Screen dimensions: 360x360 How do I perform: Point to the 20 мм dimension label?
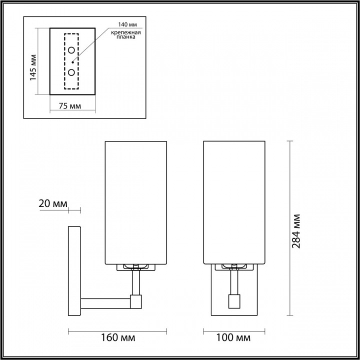coord(52,203)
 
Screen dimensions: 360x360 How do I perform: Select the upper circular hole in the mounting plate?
coord(72,50)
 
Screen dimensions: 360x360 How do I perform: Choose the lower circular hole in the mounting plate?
coord(72,72)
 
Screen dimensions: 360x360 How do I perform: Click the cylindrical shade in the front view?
coord(234,202)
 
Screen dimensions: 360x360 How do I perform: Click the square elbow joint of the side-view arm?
coord(135,301)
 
